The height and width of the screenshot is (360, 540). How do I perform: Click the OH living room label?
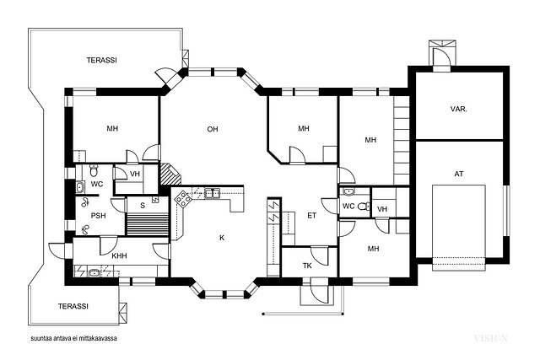tap(213, 129)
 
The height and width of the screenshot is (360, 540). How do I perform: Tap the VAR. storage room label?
tap(459, 109)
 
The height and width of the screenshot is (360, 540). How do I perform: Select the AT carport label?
tap(459, 174)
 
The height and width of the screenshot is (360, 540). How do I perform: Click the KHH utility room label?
tap(119, 255)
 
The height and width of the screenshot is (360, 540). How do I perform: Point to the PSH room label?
tap(98, 216)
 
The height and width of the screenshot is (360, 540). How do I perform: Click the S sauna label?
tap(143, 206)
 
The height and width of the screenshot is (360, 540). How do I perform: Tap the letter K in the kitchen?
tap(222, 238)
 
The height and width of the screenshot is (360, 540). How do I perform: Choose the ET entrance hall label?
tap(311, 216)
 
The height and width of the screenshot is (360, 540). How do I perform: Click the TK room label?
tap(307, 266)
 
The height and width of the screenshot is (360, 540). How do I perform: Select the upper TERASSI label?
tap(101, 60)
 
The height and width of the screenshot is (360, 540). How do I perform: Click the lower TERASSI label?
tap(73, 306)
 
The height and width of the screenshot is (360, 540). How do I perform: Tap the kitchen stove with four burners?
tap(182, 199)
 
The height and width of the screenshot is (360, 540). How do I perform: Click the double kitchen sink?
tap(213, 193)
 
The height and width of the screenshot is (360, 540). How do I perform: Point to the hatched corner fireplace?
tap(170, 175)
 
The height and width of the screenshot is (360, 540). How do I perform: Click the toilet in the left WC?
tap(94, 169)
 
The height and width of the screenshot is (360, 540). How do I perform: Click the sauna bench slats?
tap(147, 224)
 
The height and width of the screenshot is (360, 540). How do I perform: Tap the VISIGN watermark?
tap(490, 338)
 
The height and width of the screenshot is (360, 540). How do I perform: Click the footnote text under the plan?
tap(73, 338)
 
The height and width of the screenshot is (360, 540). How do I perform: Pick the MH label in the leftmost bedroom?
tap(112, 128)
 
